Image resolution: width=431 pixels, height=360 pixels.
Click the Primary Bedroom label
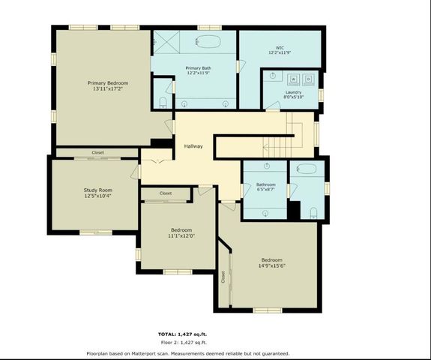[x=107, y=83]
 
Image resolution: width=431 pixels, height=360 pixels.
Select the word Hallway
[x=194, y=146]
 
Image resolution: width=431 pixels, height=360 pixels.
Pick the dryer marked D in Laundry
[x=308, y=78]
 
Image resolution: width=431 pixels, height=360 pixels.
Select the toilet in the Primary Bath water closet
[x=163, y=103]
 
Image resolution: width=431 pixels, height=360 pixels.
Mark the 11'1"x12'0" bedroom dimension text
[x=181, y=235]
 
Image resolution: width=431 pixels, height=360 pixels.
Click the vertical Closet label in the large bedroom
[x=223, y=277]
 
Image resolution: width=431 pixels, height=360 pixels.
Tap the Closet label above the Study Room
[x=98, y=152]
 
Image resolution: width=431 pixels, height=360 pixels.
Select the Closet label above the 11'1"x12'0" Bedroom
[x=166, y=193]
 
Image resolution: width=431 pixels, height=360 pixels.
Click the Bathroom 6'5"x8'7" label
[x=265, y=187]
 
